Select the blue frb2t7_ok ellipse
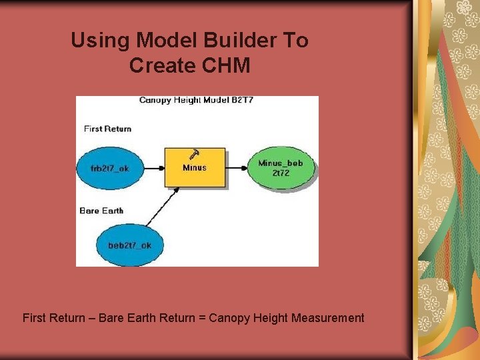(x=110, y=168)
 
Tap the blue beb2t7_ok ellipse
(x=129, y=245)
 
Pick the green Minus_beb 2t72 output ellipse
(x=280, y=168)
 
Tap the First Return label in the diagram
(x=107, y=129)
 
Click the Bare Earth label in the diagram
(x=101, y=211)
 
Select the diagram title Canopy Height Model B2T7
(x=196, y=101)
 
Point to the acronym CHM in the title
(x=228, y=66)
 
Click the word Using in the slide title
(x=100, y=41)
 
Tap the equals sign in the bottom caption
(x=201, y=318)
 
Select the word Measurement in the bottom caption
(x=327, y=318)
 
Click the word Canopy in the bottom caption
(x=227, y=318)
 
